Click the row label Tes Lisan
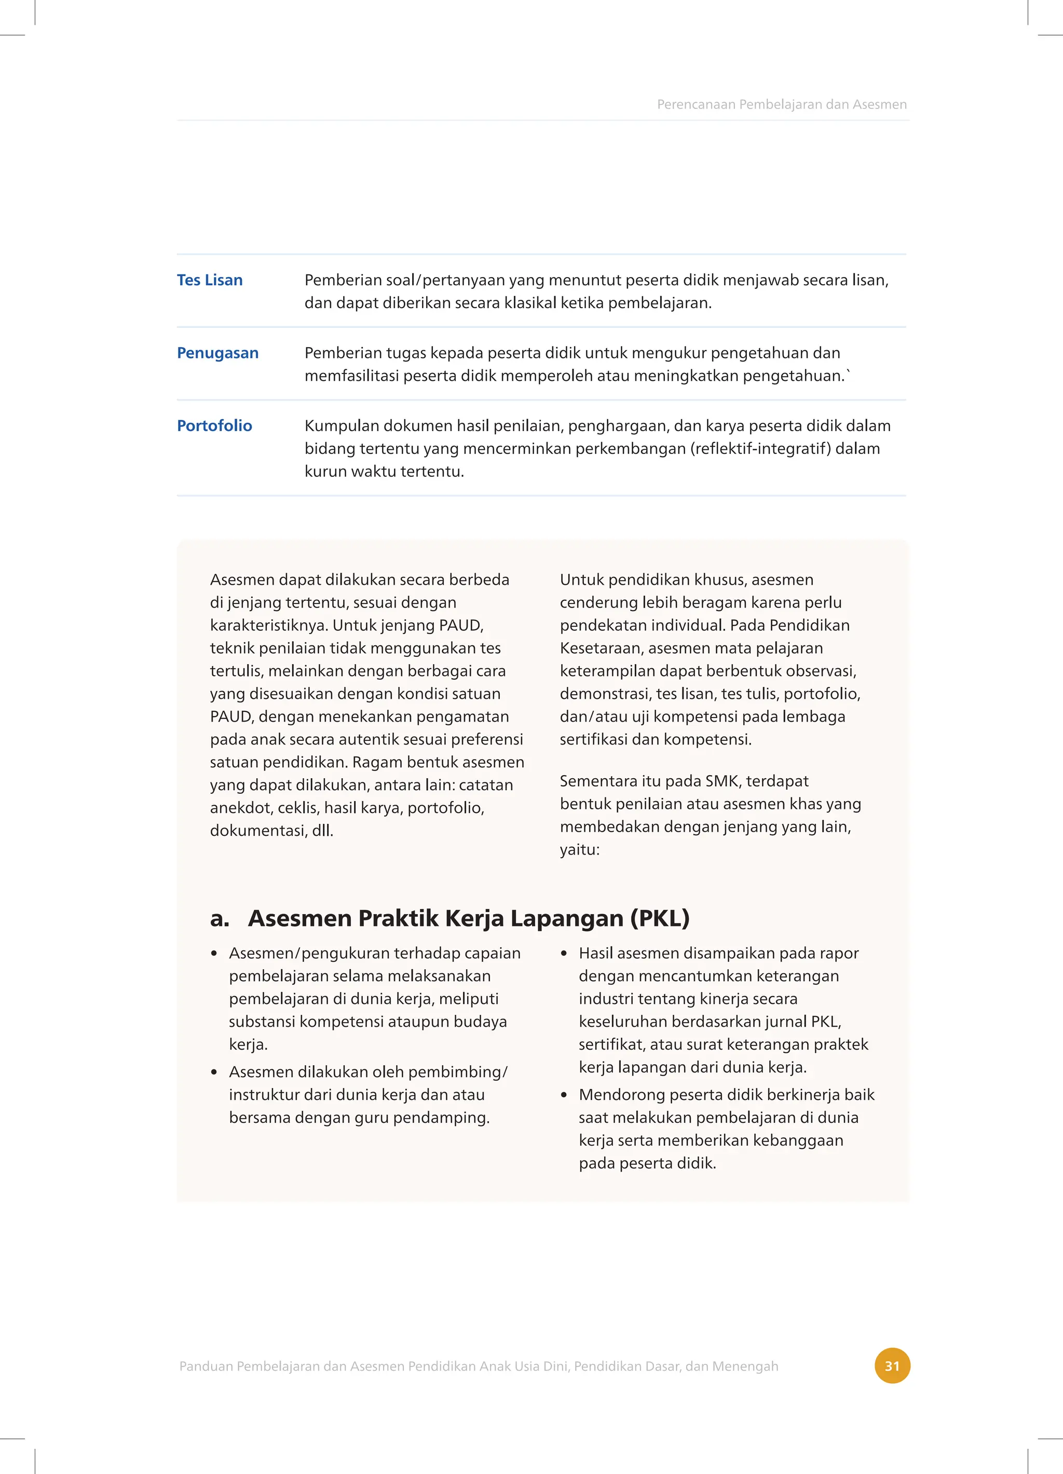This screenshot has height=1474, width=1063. [209, 280]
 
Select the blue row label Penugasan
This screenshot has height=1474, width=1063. [218, 353]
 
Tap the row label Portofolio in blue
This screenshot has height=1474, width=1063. [214, 425]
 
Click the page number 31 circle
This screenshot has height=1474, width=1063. [892, 1366]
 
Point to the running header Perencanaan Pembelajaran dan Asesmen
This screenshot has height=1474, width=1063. [782, 105]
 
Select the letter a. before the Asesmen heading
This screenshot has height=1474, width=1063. [220, 918]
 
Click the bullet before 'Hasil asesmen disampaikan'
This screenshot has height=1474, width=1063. [564, 954]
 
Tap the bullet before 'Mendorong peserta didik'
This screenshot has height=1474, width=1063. [564, 1096]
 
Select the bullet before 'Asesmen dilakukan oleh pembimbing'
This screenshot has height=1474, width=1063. [214, 1073]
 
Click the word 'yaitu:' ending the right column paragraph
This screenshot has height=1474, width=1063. [579, 850]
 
